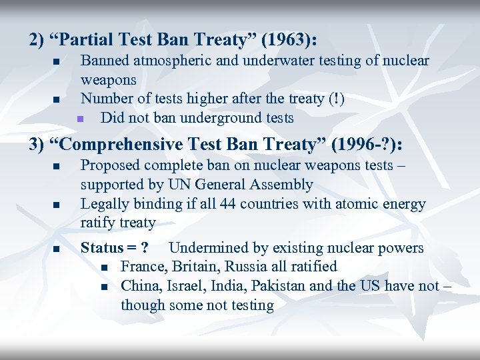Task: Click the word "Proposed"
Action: click(109, 165)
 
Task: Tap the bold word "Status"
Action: click(102, 248)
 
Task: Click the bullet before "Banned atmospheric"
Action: click(57, 62)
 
